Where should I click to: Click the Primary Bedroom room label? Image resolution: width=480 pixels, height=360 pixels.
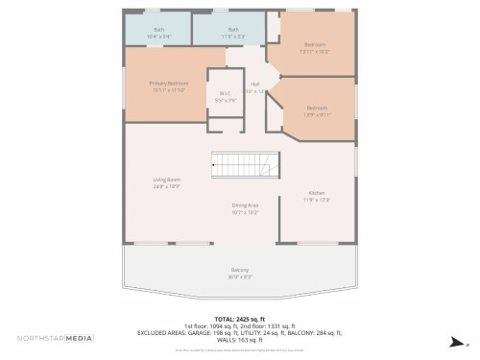point(168,84)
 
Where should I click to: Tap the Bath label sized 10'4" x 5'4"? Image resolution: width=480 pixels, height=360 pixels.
point(158,30)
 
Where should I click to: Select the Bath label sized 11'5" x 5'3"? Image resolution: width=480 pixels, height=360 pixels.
point(233,30)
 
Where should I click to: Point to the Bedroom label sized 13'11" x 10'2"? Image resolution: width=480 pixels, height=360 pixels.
point(315,44)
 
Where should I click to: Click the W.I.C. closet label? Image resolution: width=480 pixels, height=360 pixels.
point(225,93)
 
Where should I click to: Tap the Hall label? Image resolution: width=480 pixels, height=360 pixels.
point(255,84)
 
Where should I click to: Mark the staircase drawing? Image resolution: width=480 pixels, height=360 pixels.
point(245,164)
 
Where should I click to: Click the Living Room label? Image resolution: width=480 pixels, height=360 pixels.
point(167,180)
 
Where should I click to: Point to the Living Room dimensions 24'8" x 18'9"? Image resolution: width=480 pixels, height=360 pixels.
point(167,185)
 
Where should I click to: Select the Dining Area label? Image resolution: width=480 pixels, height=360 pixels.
point(245,205)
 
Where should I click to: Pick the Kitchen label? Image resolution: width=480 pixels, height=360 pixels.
point(316,193)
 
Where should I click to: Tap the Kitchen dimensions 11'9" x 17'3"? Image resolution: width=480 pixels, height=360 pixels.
point(316,200)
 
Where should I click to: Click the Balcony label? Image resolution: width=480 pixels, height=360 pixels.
point(239,270)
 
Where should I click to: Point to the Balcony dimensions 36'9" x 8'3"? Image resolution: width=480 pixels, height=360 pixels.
point(239,276)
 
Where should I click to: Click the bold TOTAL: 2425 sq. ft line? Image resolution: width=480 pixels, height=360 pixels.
point(239,319)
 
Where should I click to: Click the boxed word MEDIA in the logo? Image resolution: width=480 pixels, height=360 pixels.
point(79,338)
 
